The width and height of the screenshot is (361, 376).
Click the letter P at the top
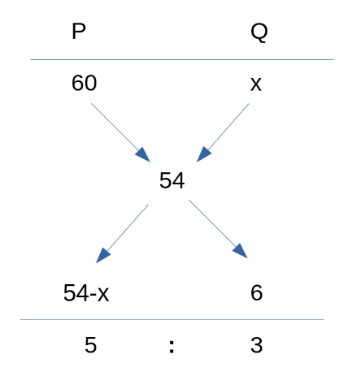pyautogui.click(x=79, y=31)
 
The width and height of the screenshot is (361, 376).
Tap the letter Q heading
pyautogui.click(x=259, y=32)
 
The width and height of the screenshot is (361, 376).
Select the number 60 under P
pyautogui.click(x=84, y=83)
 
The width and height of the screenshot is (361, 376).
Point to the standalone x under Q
pyautogui.click(x=256, y=84)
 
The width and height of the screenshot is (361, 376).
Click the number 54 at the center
pyautogui.click(x=172, y=180)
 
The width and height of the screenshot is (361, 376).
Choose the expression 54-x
pyautogui.click(x=86, y=293)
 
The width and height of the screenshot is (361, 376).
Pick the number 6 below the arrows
pyautogui.click(x=256, y=292)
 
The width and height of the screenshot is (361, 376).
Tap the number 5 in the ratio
pyautogui.click(x=90, y=345)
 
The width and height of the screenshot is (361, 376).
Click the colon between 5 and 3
pyautogui.click(x=172, y=347)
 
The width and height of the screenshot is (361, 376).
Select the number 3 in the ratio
pyautogui.click(x=256, y=345)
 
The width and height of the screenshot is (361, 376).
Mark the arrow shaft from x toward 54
pyautogui.click(x=228, y=127)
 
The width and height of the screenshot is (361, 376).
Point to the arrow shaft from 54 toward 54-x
pyautogui.click(x=128, y=228)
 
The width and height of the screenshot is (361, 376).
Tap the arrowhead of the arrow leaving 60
pyautogui.click(x=143, y=155)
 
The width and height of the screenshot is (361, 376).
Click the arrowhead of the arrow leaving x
pyautogui.click(x=203, y=154)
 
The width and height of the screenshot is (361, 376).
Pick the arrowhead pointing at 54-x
pyautogui.click(x=102, y=255)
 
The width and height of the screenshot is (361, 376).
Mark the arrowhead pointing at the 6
pyautogui.click(x=241, y=251)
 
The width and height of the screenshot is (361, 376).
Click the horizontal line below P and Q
pyautogui.click(x=182, y=59)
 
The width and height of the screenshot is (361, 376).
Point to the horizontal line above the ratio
pyautogui.click(x=172, y=319)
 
